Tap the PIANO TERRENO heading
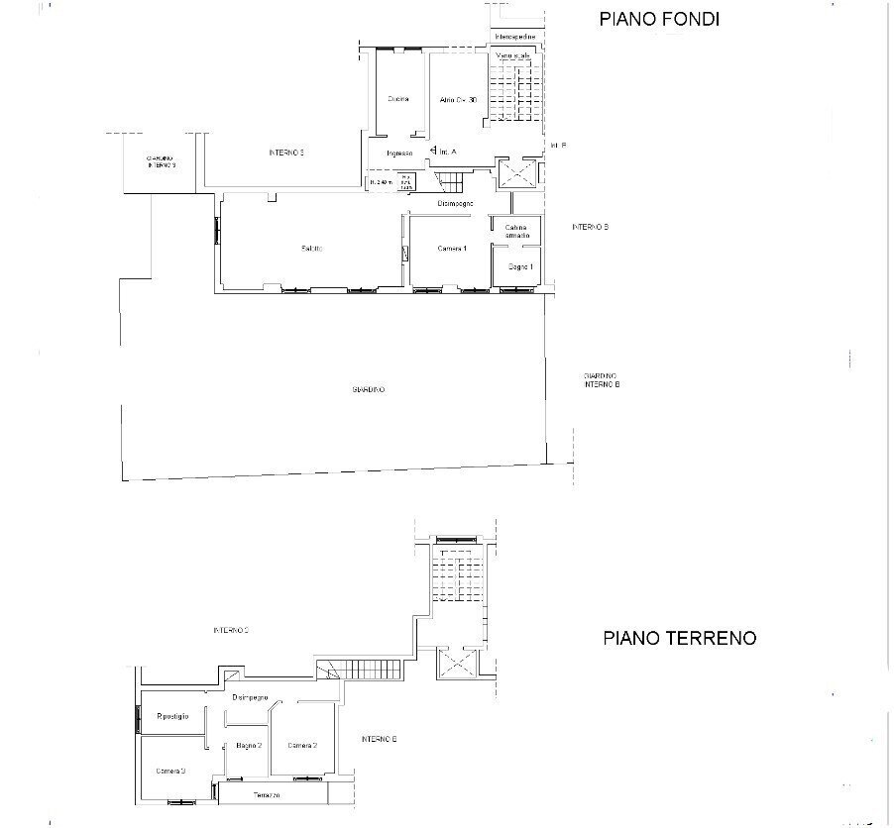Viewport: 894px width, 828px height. tap(679, 639)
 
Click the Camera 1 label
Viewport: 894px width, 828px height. tap(452, 249)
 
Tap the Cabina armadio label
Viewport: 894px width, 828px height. tap(516, 232)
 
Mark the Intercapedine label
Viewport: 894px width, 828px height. tap(515, 37)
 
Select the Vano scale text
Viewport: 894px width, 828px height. tap(514, 55)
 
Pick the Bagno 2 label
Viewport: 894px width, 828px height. tap(248, 746)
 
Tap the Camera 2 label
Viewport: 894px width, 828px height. tap(301, 746)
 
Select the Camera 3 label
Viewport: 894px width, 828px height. tap(170, 771)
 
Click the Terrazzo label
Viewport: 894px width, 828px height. tap(264, 795)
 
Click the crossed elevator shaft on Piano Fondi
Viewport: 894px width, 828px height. tap(516, 172)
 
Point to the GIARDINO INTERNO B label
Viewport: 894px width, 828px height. tap(602, 380)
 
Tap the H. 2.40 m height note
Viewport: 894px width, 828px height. tap(381, 182)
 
